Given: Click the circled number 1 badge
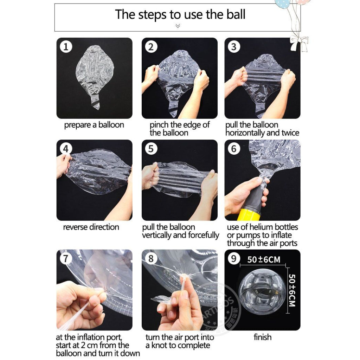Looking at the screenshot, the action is [x=66, y=47].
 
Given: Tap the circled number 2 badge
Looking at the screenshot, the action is [x=151, y=47].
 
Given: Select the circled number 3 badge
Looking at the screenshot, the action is [x=234, y=47].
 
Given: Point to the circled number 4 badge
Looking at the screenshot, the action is [x=66, y=149].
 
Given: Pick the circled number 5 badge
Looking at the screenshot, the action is [x=151, y=149].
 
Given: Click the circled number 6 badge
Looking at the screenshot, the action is [x=234, y=149].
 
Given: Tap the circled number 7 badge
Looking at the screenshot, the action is [x=66, y=259].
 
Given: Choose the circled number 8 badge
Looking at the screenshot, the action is [x=151, y=259].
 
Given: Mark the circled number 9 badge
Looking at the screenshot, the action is [x=234, y=259].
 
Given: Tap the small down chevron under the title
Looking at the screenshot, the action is [x=178, y=26].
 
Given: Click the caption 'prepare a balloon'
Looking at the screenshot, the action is [x=94, y=125].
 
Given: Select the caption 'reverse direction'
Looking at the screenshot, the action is [x=91, y=227].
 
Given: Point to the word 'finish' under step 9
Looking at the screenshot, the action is [x=262, y=337].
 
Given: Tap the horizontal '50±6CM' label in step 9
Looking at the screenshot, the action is [x=264, y=260].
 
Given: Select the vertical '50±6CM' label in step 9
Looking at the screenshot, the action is [x=291, y=290].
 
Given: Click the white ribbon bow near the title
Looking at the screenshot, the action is [x=299, y=43].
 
